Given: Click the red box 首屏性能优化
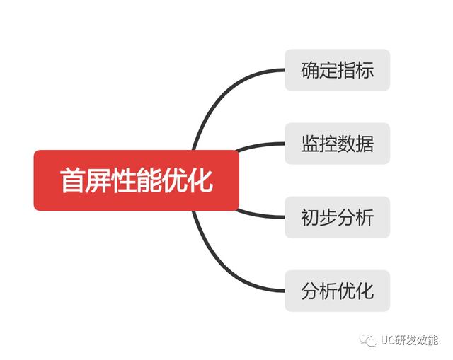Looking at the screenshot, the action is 136,180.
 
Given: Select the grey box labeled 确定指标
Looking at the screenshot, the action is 337,70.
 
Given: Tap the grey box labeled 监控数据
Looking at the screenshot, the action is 337,144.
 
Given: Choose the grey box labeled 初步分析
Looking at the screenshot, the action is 337,217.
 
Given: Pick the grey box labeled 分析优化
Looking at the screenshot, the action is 337,291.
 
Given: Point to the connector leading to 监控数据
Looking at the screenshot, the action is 258,145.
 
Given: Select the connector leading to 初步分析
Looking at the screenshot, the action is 258,214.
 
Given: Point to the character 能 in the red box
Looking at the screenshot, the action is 149,180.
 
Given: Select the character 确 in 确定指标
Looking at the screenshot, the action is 310,70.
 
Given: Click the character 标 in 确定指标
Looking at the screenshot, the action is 364,70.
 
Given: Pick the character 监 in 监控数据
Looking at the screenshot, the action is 310,144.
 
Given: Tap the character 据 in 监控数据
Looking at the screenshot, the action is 364,144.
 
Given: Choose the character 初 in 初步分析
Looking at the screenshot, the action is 310,217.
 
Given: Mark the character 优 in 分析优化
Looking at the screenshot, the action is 346,291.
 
